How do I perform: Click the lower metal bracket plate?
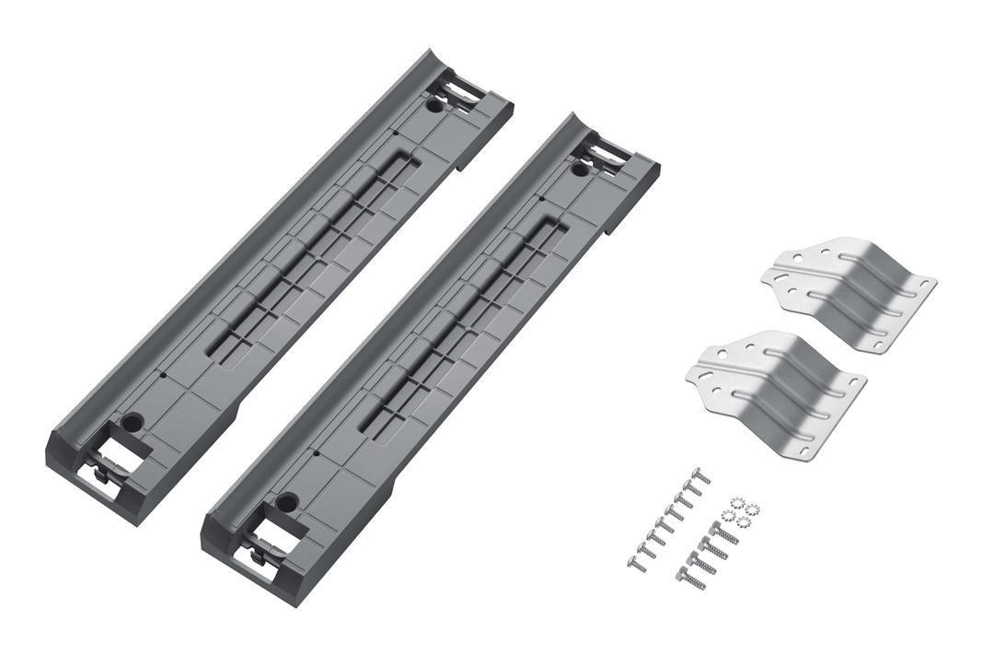[x=778, y=391]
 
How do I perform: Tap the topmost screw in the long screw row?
[x=700, y=475]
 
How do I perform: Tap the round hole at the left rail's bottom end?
[x=132, y=423]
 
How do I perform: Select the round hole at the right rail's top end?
[x=580, y=170]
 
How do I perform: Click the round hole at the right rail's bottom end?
[x=286, y=503]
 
